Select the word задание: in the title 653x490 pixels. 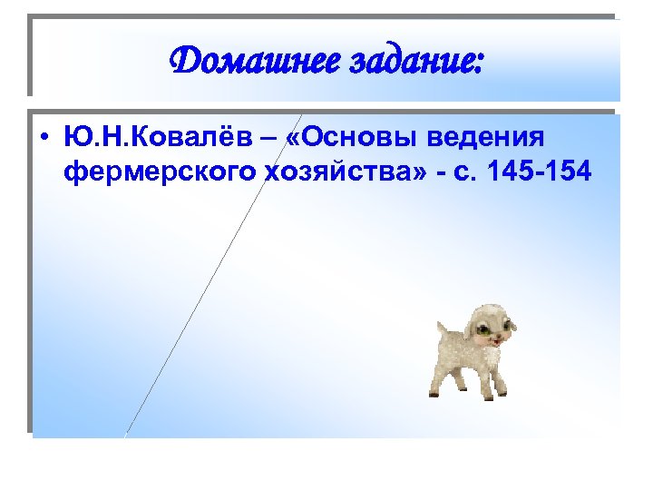[x=419, y=64]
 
